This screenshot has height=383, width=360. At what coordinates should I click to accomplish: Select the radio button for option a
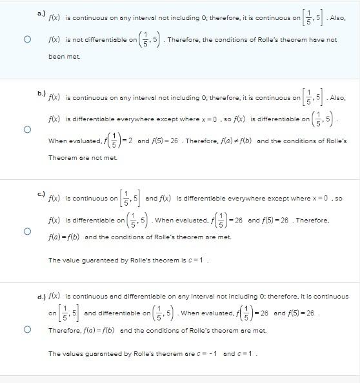click(x=27, y=39)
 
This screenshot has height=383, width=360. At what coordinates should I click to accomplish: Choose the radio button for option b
click(x=27, y=130)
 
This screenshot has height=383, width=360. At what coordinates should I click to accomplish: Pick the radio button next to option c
click(x=27, y=231)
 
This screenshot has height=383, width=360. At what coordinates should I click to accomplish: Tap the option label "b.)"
click(x=41, y=93)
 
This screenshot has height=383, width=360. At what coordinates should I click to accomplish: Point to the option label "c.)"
click(x=41, y=193)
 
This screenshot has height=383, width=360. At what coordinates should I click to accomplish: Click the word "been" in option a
click(x=56, y=57)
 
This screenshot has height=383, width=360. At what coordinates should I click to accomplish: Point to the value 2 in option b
click(x=130, y=141)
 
